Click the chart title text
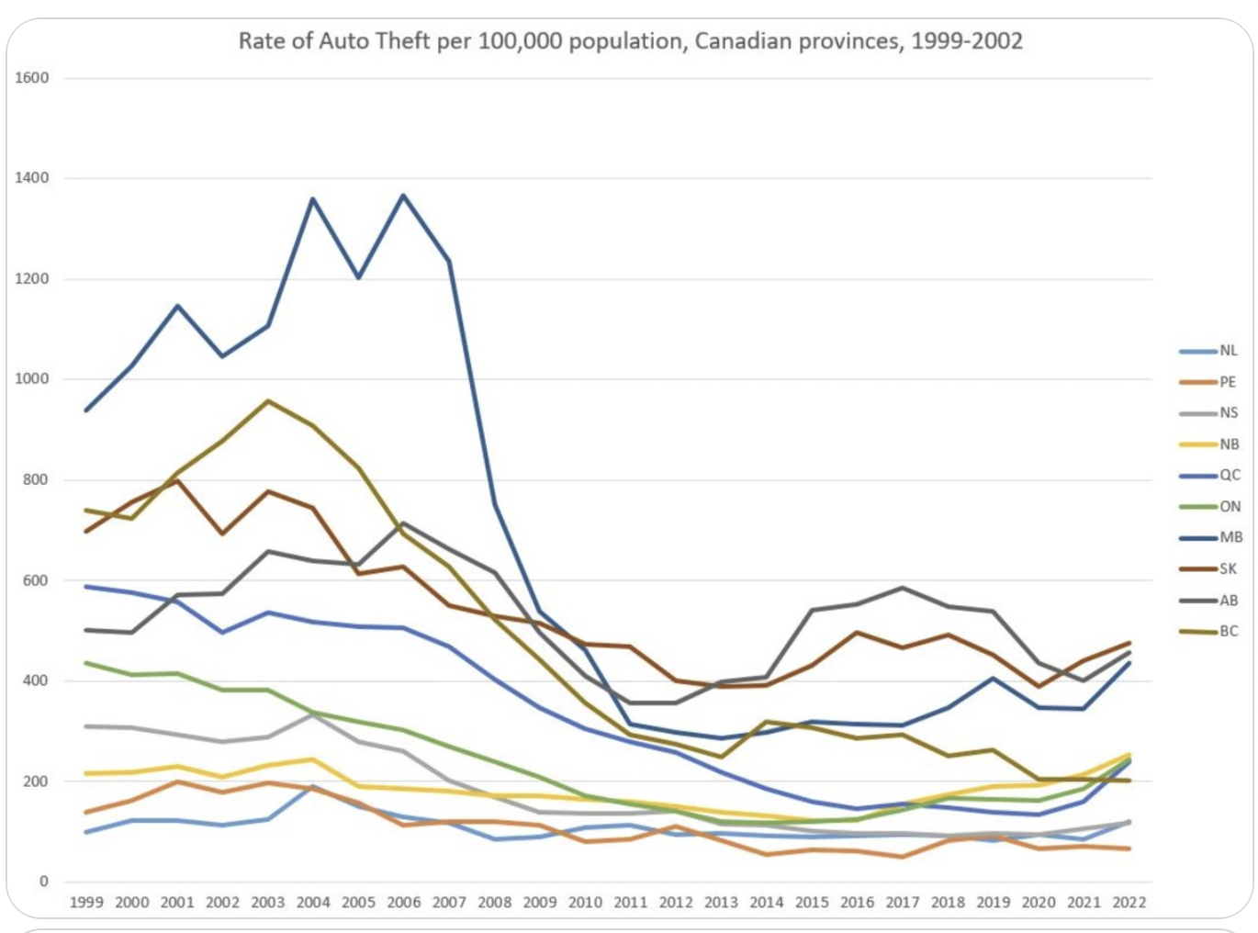pos(630,41)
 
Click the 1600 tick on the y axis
pos(32,78)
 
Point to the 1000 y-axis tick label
pos(32,379)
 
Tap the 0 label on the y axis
pos(43,882)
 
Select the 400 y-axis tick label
pos(36,680)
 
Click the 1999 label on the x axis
pos(86,903)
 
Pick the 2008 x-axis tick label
pos(494,903)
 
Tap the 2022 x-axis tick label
pos(1129,903)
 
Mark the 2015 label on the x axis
pos(812,903)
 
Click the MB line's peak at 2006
pos(403,195)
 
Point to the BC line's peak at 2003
pos(267,400)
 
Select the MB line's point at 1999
pos(86,410)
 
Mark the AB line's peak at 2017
pos(903,588)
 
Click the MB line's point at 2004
pos(313,198)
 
